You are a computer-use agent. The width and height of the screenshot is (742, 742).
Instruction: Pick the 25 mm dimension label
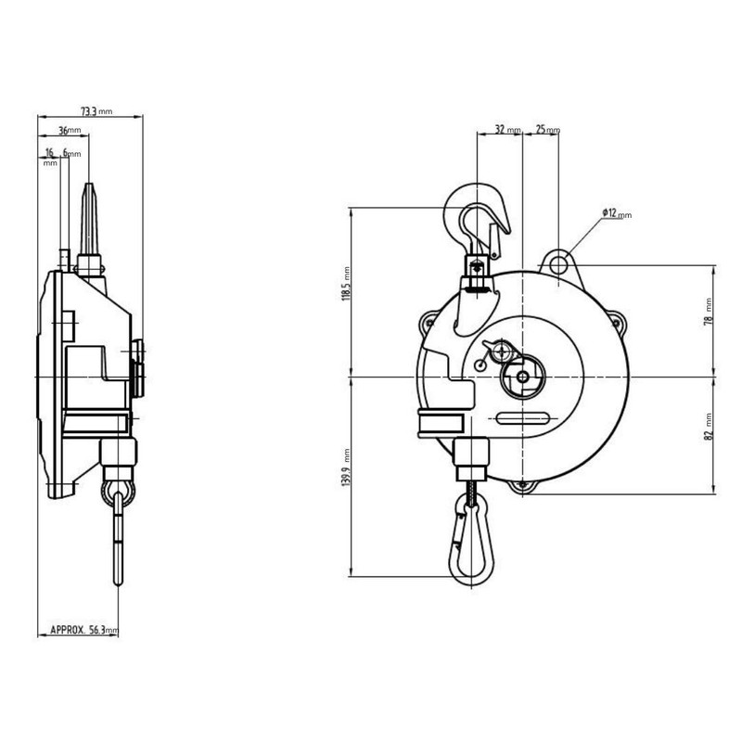[547, 129]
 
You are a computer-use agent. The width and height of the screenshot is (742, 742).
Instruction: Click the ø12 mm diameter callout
[616, 213]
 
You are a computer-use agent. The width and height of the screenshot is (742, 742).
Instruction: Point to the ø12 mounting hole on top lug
[557, 264]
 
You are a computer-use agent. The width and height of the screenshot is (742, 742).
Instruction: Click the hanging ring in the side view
[120, 491]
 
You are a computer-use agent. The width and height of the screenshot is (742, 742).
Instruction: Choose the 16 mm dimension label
[48, 153]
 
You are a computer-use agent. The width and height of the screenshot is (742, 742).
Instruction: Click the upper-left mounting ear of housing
[430, 321]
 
